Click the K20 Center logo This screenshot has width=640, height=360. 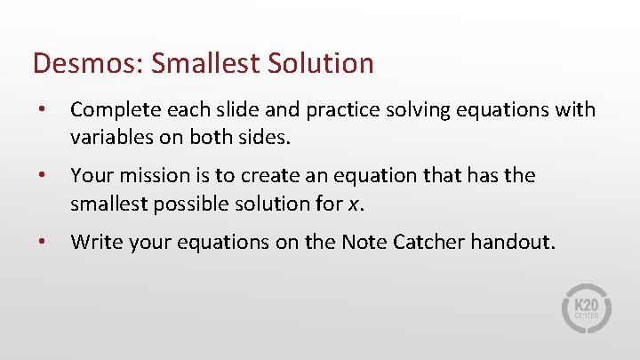pyautogui.click(x=586, y=308)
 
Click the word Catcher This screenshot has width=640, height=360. pyautogui.click(x=430, y=241)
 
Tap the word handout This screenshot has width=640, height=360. pyautogui.click(x=513, y=241)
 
